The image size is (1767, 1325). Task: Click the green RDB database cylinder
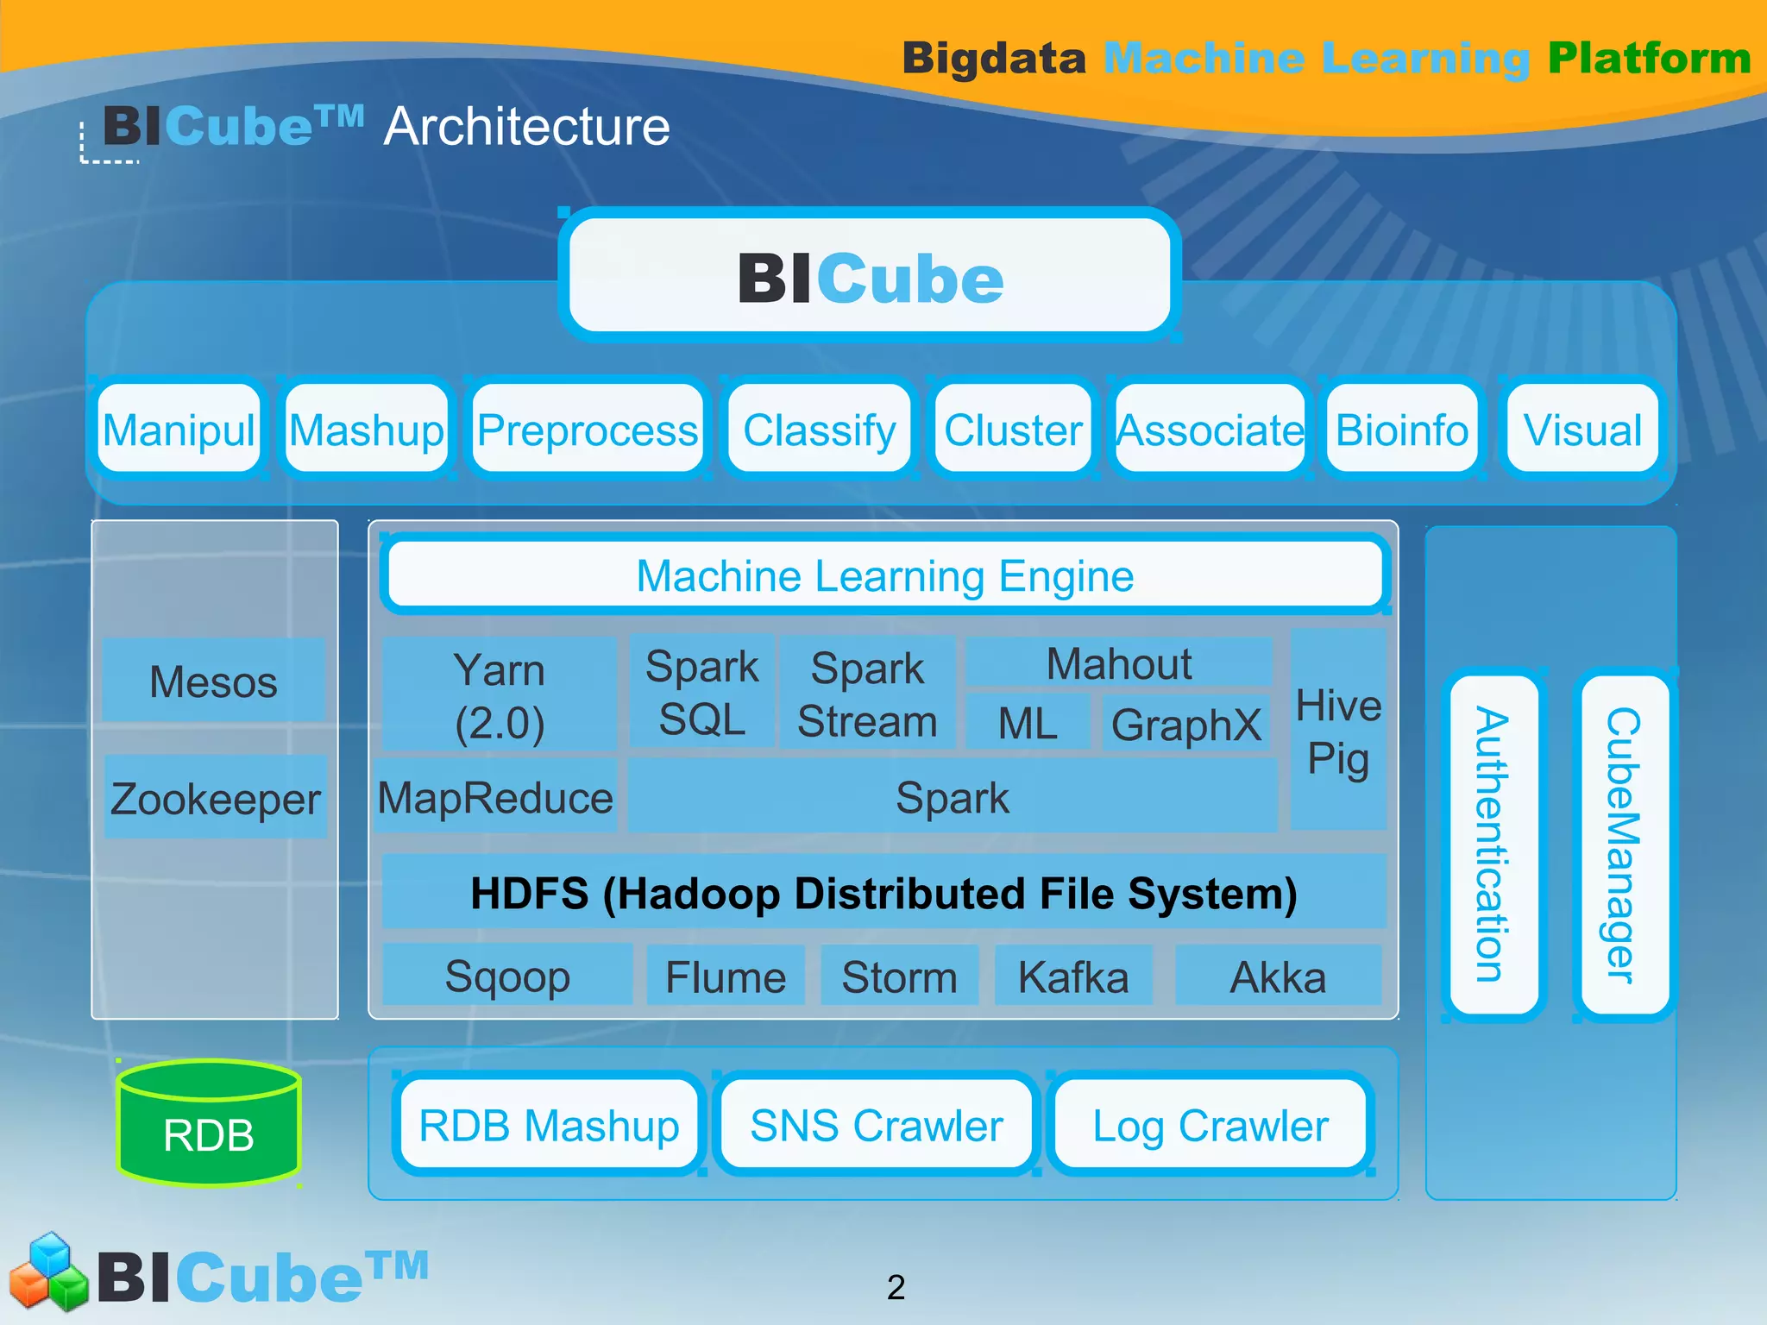pos(209,1125)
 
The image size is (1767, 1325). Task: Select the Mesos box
pos(213,681)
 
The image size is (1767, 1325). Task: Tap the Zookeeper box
pos(215,798)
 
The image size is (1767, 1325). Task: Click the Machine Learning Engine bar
pos(884,575)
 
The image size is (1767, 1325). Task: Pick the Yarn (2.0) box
pos(500,695)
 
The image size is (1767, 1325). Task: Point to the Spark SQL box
pos(701,692)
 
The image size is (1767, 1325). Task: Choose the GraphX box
pos(1185,724)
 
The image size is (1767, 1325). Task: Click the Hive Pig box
pos(1338,731)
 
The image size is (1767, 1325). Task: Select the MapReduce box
pos(495,797)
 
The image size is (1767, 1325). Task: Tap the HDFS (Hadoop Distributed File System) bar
pos(883,892)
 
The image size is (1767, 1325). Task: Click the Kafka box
pos(1073,976)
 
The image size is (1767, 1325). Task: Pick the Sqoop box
pos(507,976)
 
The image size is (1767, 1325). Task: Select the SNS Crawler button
pos(876,1125)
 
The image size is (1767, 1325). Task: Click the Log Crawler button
pos(1210,1125)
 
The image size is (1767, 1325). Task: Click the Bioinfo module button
pos(1401,429)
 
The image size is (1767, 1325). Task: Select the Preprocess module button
pos(588,429)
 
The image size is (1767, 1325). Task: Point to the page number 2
pos(896,1287)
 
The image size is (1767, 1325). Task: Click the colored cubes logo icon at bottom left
pos(48,1272)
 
